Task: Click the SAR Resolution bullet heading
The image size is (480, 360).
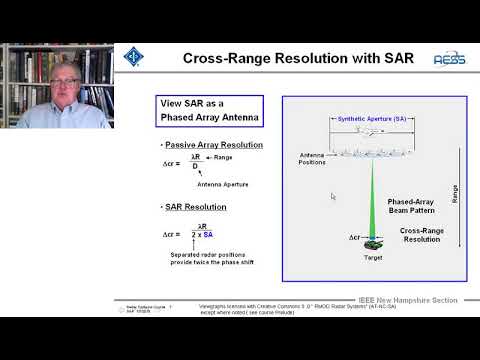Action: tap(194, 207)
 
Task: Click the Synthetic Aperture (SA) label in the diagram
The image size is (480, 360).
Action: tap(371, 118)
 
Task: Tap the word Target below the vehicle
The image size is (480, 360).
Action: tap(372, 257)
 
